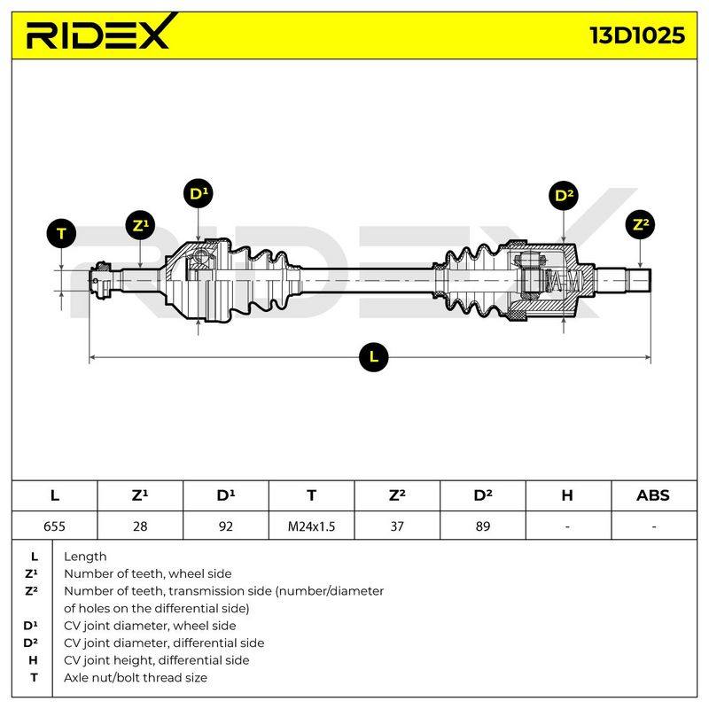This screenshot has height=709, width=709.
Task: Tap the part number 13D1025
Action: point(637,35)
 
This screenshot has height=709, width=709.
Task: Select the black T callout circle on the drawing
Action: point(61,233)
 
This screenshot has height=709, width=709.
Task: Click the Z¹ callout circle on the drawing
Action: point(140,225)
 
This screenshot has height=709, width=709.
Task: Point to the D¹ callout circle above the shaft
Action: point(199,193)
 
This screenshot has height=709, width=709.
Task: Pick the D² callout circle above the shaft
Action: point(564,195)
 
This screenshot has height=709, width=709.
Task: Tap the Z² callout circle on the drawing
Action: point(640,224)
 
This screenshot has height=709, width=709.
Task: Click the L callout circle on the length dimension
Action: point(373,357)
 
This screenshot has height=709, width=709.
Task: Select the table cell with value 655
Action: point(54,526)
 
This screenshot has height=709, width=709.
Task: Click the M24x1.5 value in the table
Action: point(312,526)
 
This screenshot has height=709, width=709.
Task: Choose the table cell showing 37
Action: point(397,526)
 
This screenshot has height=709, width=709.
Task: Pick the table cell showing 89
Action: point(483,526)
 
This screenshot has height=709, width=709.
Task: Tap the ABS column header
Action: point(653,495)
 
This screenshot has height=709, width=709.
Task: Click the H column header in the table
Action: point(567,495)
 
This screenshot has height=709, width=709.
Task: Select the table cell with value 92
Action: point(226,526)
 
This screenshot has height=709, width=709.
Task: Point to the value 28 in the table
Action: point(140,526)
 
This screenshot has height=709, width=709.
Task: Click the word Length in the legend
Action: point(85,557)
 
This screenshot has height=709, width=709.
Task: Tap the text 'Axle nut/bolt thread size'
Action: point(136,677)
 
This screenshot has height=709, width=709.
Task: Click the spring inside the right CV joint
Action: point(562,281)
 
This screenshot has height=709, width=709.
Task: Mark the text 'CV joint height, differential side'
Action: point(157,660)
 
